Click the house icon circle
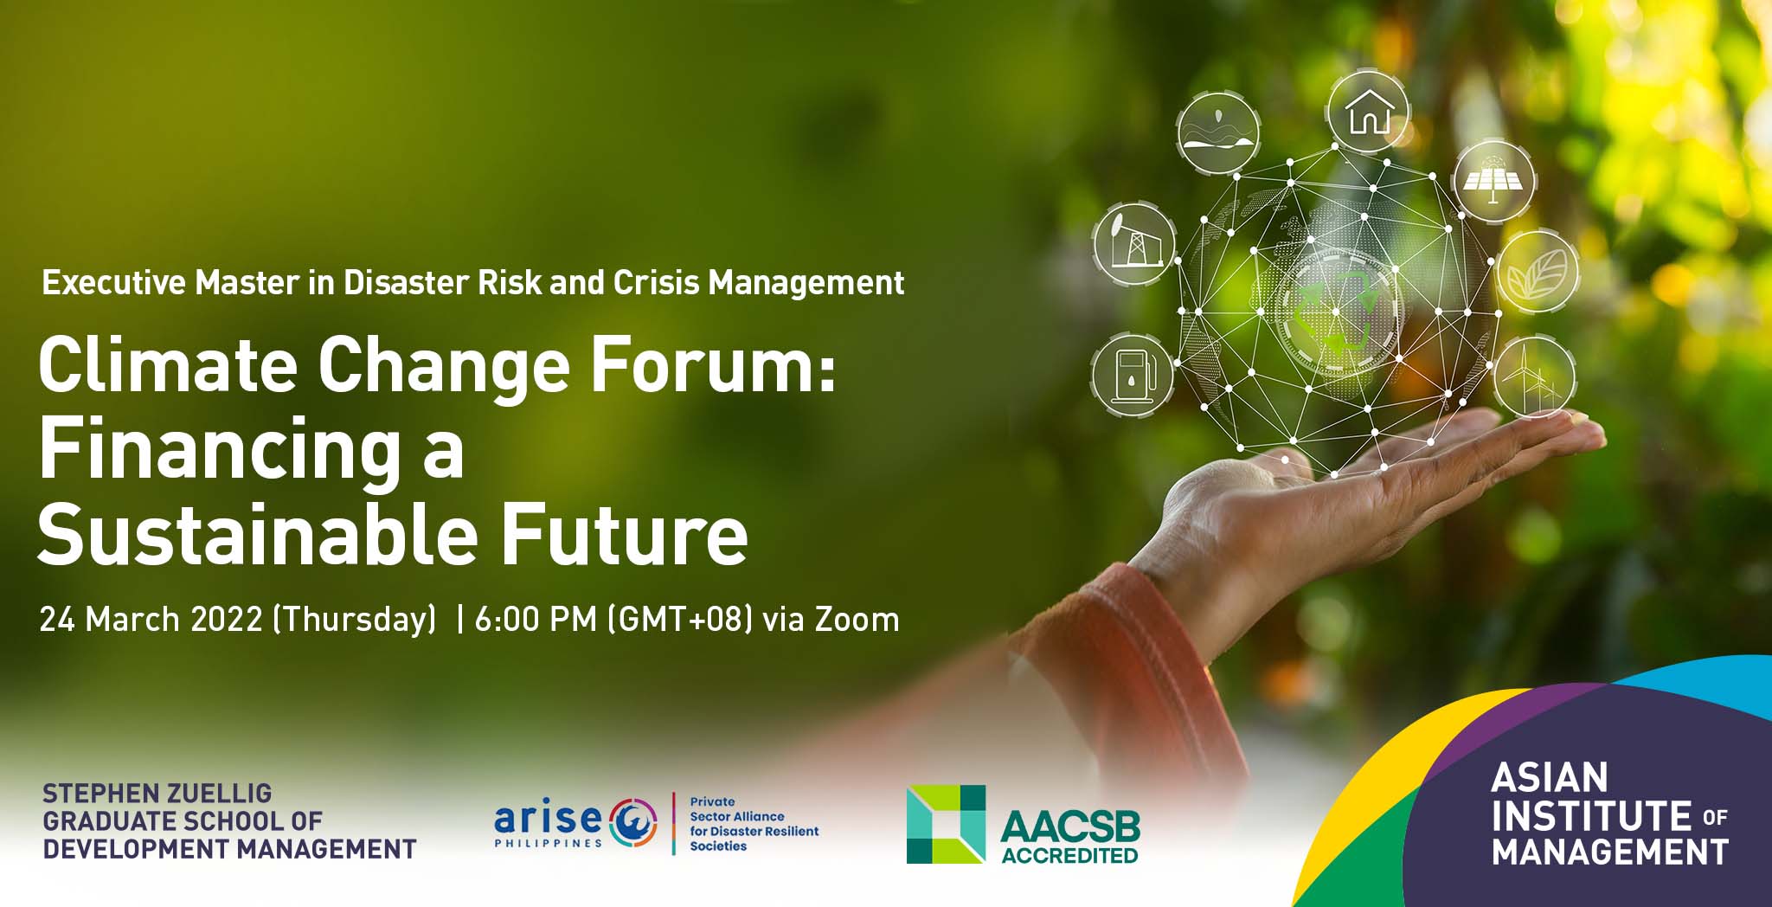pos(1368,113)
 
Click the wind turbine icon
pos(1534,377)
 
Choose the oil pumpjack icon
pos(1134,244)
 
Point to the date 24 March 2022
pos(151,620)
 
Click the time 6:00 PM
pos(536,620)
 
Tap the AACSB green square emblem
pos(946,824)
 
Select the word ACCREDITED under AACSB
pos(1070,855)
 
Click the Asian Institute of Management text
pos(1609,814)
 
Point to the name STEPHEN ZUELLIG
pos(157,793)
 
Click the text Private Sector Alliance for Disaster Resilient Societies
pos(754,824)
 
